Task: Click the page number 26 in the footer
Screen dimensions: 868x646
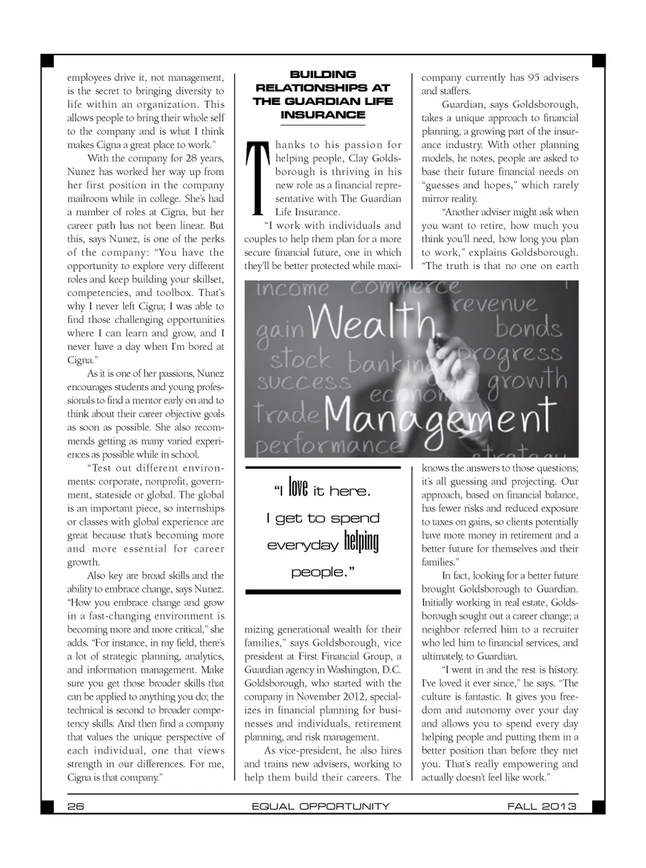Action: [x=75, y=806]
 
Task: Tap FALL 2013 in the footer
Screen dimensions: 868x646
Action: [x=542, y=806]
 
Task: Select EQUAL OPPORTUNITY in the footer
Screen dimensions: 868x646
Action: [x=320, y=806]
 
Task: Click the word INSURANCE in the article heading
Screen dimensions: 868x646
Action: [x=322, y=114]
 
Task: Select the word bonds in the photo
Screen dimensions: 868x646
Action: [x=528, y=328]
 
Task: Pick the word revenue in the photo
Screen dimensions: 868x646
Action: [x=495, y=305]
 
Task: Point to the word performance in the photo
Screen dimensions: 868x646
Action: [x=328, y=446]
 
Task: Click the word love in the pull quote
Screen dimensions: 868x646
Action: [x=297, y=489]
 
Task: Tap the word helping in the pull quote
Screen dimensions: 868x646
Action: [x=361, y=542]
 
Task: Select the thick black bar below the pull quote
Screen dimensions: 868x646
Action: [x=323, y=591]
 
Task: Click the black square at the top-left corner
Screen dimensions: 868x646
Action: [x=47, y=61]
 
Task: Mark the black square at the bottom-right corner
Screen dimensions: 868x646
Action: [x=598, y=807]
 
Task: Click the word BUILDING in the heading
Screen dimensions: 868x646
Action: [x=322, y=74]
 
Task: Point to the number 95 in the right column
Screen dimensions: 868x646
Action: [x=533, y=77]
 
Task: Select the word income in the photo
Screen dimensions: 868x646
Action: [x=293, y=289]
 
